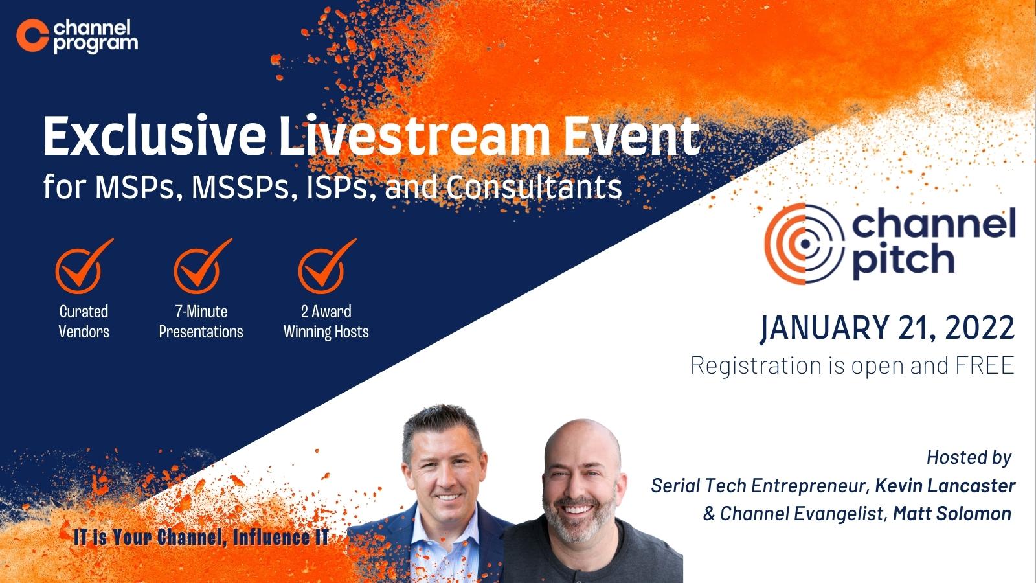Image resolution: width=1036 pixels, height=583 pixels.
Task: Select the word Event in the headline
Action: pos(632,136)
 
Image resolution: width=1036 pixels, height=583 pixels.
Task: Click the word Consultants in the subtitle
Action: pos(534,187)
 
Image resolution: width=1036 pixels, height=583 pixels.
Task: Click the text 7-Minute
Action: pos(201,312)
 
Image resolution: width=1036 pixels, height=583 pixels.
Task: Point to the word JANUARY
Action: pos(824,328)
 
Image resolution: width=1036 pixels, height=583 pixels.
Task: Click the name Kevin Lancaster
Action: pos(945,486)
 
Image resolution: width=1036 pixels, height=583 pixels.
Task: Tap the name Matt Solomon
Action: pos(952,514)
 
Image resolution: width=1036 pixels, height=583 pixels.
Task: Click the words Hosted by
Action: pos(969,457)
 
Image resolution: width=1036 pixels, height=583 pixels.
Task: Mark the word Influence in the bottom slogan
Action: pos(271,538)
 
